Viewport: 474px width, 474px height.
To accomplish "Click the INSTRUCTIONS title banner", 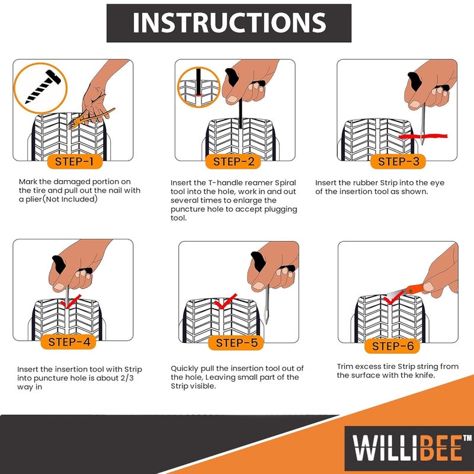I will pos(229,23).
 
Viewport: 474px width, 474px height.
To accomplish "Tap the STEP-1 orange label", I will pos(74,161).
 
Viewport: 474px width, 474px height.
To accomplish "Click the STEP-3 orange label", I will pos(398,161).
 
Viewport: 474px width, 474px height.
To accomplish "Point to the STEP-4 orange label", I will pos(69,342).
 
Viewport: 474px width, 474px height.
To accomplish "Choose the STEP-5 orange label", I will pos(236,342).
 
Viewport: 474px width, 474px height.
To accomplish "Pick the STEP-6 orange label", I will pos(393,346).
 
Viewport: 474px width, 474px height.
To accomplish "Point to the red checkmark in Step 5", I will pos(226,302).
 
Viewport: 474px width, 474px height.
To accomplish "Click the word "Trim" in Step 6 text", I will pos(347,366).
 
